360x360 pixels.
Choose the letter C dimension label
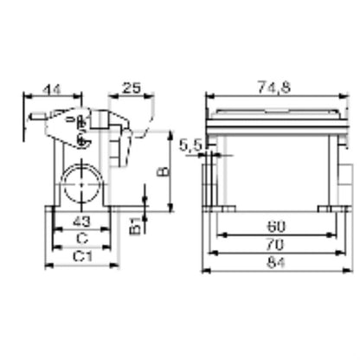(81, 239)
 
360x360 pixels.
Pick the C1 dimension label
(82, 257)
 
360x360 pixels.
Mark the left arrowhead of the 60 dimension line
(218, 235)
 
